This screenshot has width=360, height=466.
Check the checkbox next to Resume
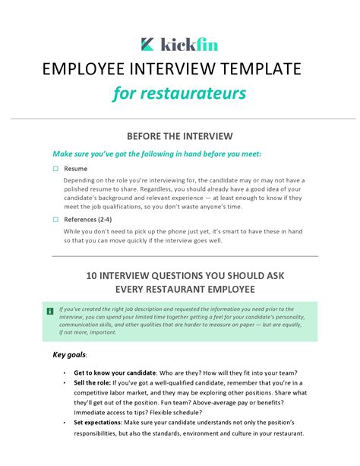click(x=55, y=168)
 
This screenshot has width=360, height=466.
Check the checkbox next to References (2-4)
click(x=55, y=220)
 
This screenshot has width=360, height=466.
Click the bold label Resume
click(x=75, y=168)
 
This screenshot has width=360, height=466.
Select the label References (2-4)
click(x=90, y=220)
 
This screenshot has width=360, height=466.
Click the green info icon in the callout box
click(x=49, y=310)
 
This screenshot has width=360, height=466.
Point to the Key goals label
click(x=69, y=354)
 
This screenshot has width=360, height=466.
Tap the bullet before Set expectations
click(x=64, y=422)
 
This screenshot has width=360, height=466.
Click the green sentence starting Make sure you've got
click(x=156, y=153)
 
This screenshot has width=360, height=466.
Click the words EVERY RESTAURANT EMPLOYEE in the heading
click(x=180, y=290)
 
